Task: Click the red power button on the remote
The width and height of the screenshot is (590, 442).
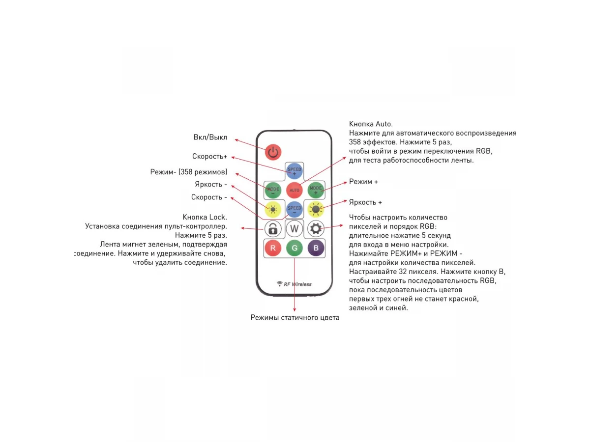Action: pyautogui.click(x=273, y=152)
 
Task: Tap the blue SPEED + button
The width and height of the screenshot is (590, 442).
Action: pyautogui.click(x=295, y=171)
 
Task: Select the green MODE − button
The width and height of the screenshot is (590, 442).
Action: pyautogui.click(x=273, y=190)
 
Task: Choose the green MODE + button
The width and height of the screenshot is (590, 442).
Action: pyautogui.click(x=316, y=190)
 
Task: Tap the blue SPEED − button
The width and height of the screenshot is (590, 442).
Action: pyautogui.click(x=295, y=209)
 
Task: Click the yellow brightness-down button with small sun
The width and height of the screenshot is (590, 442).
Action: pyautogui.click(x=273, y=209)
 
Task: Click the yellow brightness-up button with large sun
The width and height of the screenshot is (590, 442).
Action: pyautogui.click(x=316, y=209)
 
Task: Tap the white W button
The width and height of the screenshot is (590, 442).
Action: pyautogui.click(x=295, y=229)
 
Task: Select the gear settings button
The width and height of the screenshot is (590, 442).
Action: pyautogui.click(x=316, y=229)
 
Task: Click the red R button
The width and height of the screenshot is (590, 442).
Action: pyautogui.click(x=273, y=248)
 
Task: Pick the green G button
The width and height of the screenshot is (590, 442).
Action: pyautogui.click(x=295, y=248)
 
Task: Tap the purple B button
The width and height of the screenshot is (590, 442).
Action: pyautogui.click(x=316, y=248)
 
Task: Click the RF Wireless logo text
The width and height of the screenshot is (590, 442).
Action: pyautogui.click(x=297, y=284)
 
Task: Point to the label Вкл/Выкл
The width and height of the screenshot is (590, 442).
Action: pyautogui.click(x=210, y=138)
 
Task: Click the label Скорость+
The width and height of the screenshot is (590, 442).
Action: pyautogui.click(x=209, y=156)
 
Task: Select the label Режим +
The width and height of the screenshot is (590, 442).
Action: pyautogui.click(x=363, y=182)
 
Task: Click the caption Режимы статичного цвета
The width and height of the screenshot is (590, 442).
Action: pyautogui.click(x=295, y=318)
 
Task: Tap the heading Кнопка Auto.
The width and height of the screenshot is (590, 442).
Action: pyautogui.click(x=371, y=124)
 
